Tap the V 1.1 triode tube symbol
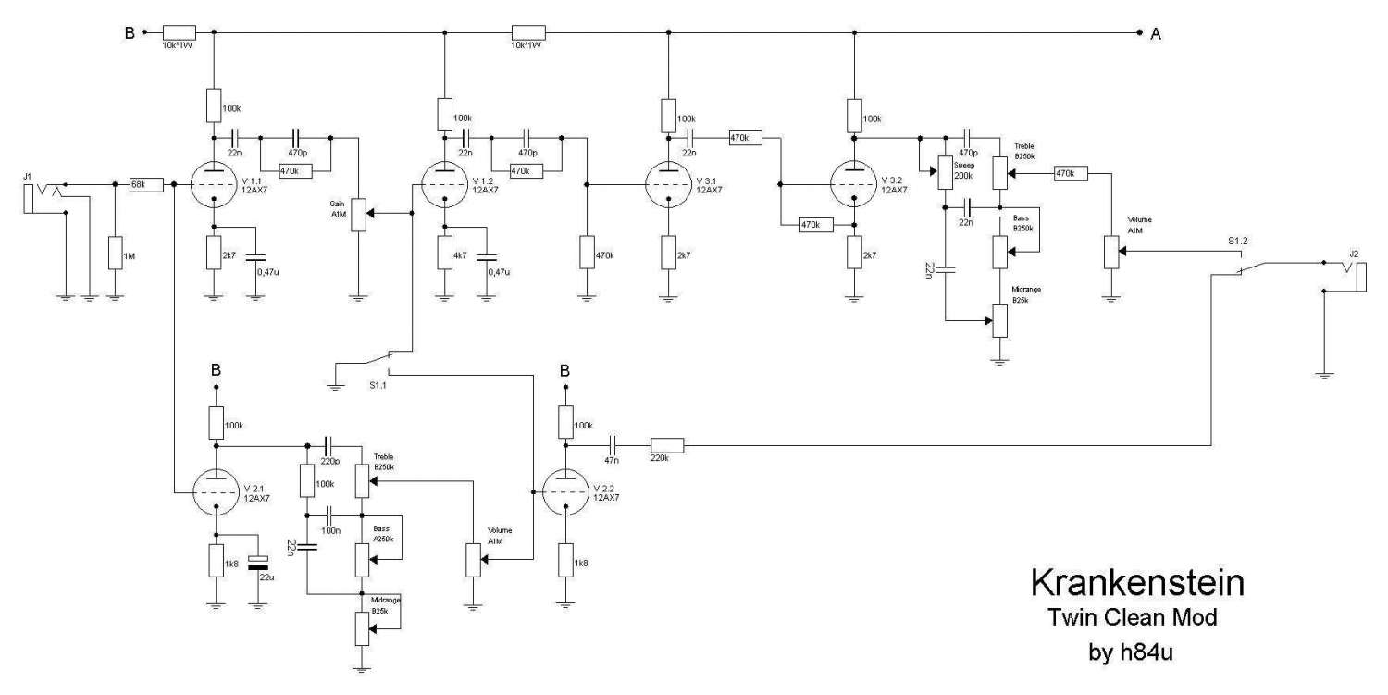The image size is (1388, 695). click(214, 185)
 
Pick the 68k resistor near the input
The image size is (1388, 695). click(137, 185)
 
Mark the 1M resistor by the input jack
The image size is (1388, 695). click(115, 252)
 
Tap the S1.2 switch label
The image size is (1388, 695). click(1239, 242)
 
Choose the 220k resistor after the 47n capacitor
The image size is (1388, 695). click(666, 446)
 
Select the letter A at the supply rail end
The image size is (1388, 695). click(1156, 34)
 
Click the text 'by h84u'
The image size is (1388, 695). click(1135, 652)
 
